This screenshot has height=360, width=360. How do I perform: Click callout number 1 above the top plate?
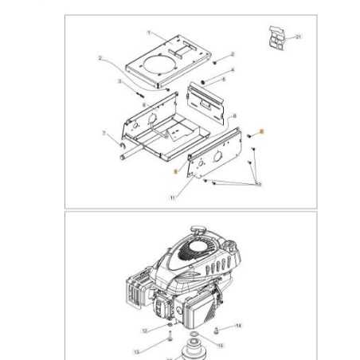(149, 33)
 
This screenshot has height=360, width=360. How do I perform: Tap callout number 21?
(299, 37)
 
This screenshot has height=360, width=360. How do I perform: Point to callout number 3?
(119, 81)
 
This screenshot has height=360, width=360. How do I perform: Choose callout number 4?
(232, 69)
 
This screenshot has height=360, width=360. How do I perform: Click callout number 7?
(104, 134)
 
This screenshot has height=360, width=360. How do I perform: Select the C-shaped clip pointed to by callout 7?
(122, 145)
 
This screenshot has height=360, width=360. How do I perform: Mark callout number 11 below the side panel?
(172, 198)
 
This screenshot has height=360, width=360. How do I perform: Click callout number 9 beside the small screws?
(258, 185)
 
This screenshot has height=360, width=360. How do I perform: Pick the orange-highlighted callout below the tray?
(175, 170)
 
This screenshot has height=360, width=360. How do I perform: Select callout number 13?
(135, 350)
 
